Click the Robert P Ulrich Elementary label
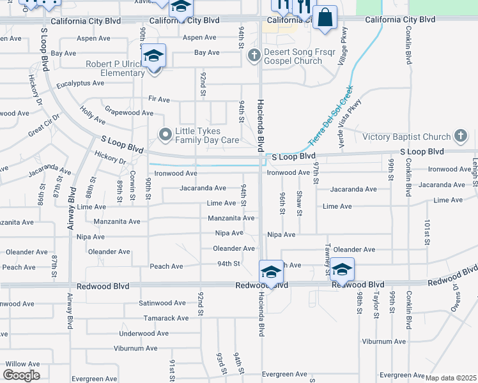pyautogui.click(x=115, y=68)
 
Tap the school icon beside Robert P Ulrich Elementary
pyautogui.click(x=153, y=57)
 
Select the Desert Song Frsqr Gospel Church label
pyautogui.click(x=291, y=57)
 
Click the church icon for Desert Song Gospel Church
pyautogui.click(x=254, y=56)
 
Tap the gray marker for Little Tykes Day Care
pyautogui.click(x=166, y=135)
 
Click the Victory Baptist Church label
pyautogui.click(x=406, y=137)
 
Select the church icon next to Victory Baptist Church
pyautogui.click(x=460, y=135)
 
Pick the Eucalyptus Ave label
pyautogui.click(x=80, y=84)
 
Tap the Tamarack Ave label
pyautogui.click(x=166, y=318)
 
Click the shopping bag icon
pyautogui.click(x=325, y=19)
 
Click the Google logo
pyautogui.click(x=21, y=375)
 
